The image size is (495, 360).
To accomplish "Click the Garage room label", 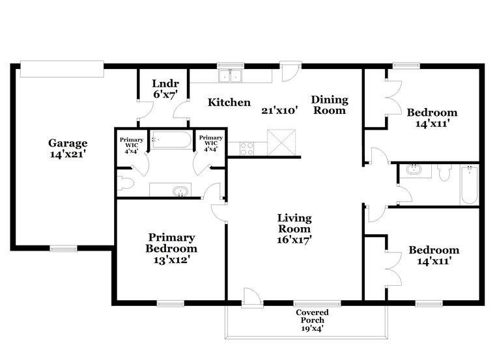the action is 68,148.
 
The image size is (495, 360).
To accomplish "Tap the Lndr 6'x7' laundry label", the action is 165,89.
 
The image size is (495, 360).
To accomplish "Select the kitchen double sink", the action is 230,76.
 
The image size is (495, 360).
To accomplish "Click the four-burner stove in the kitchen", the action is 247,149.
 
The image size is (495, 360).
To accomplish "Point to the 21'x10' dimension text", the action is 279,111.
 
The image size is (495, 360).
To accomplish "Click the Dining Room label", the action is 330,105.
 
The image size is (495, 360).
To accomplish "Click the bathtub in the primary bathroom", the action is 171,140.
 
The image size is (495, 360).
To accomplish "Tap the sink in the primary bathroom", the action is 180,191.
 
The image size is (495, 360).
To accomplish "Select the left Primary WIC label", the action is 132,145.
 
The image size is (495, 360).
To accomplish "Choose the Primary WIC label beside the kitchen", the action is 210,143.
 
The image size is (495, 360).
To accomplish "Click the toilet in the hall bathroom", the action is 444,173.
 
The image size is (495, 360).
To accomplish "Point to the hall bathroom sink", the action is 414,169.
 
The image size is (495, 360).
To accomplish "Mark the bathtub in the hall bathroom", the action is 469,185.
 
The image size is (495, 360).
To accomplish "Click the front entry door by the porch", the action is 252,298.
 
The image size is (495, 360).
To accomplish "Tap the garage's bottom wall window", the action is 63,248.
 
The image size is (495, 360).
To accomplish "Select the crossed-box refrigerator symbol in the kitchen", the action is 281,143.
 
